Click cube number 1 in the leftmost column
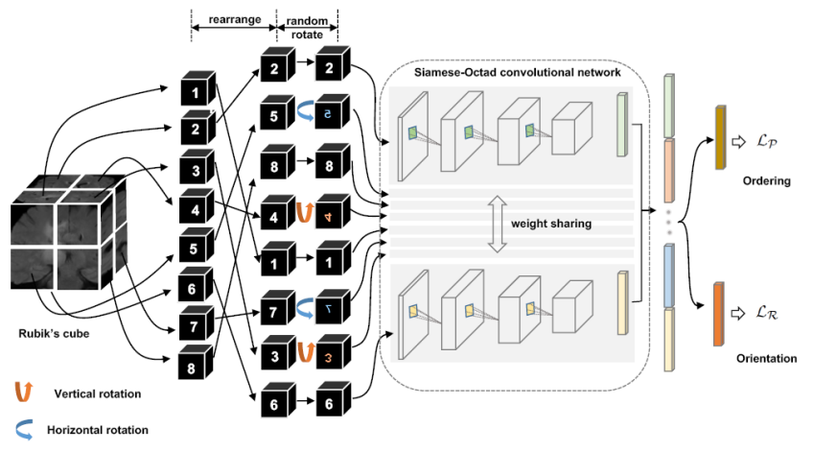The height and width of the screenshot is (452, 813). [195, 93]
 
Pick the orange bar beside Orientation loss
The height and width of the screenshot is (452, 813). [719, 312]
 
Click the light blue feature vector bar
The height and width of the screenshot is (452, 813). [671, 274]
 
